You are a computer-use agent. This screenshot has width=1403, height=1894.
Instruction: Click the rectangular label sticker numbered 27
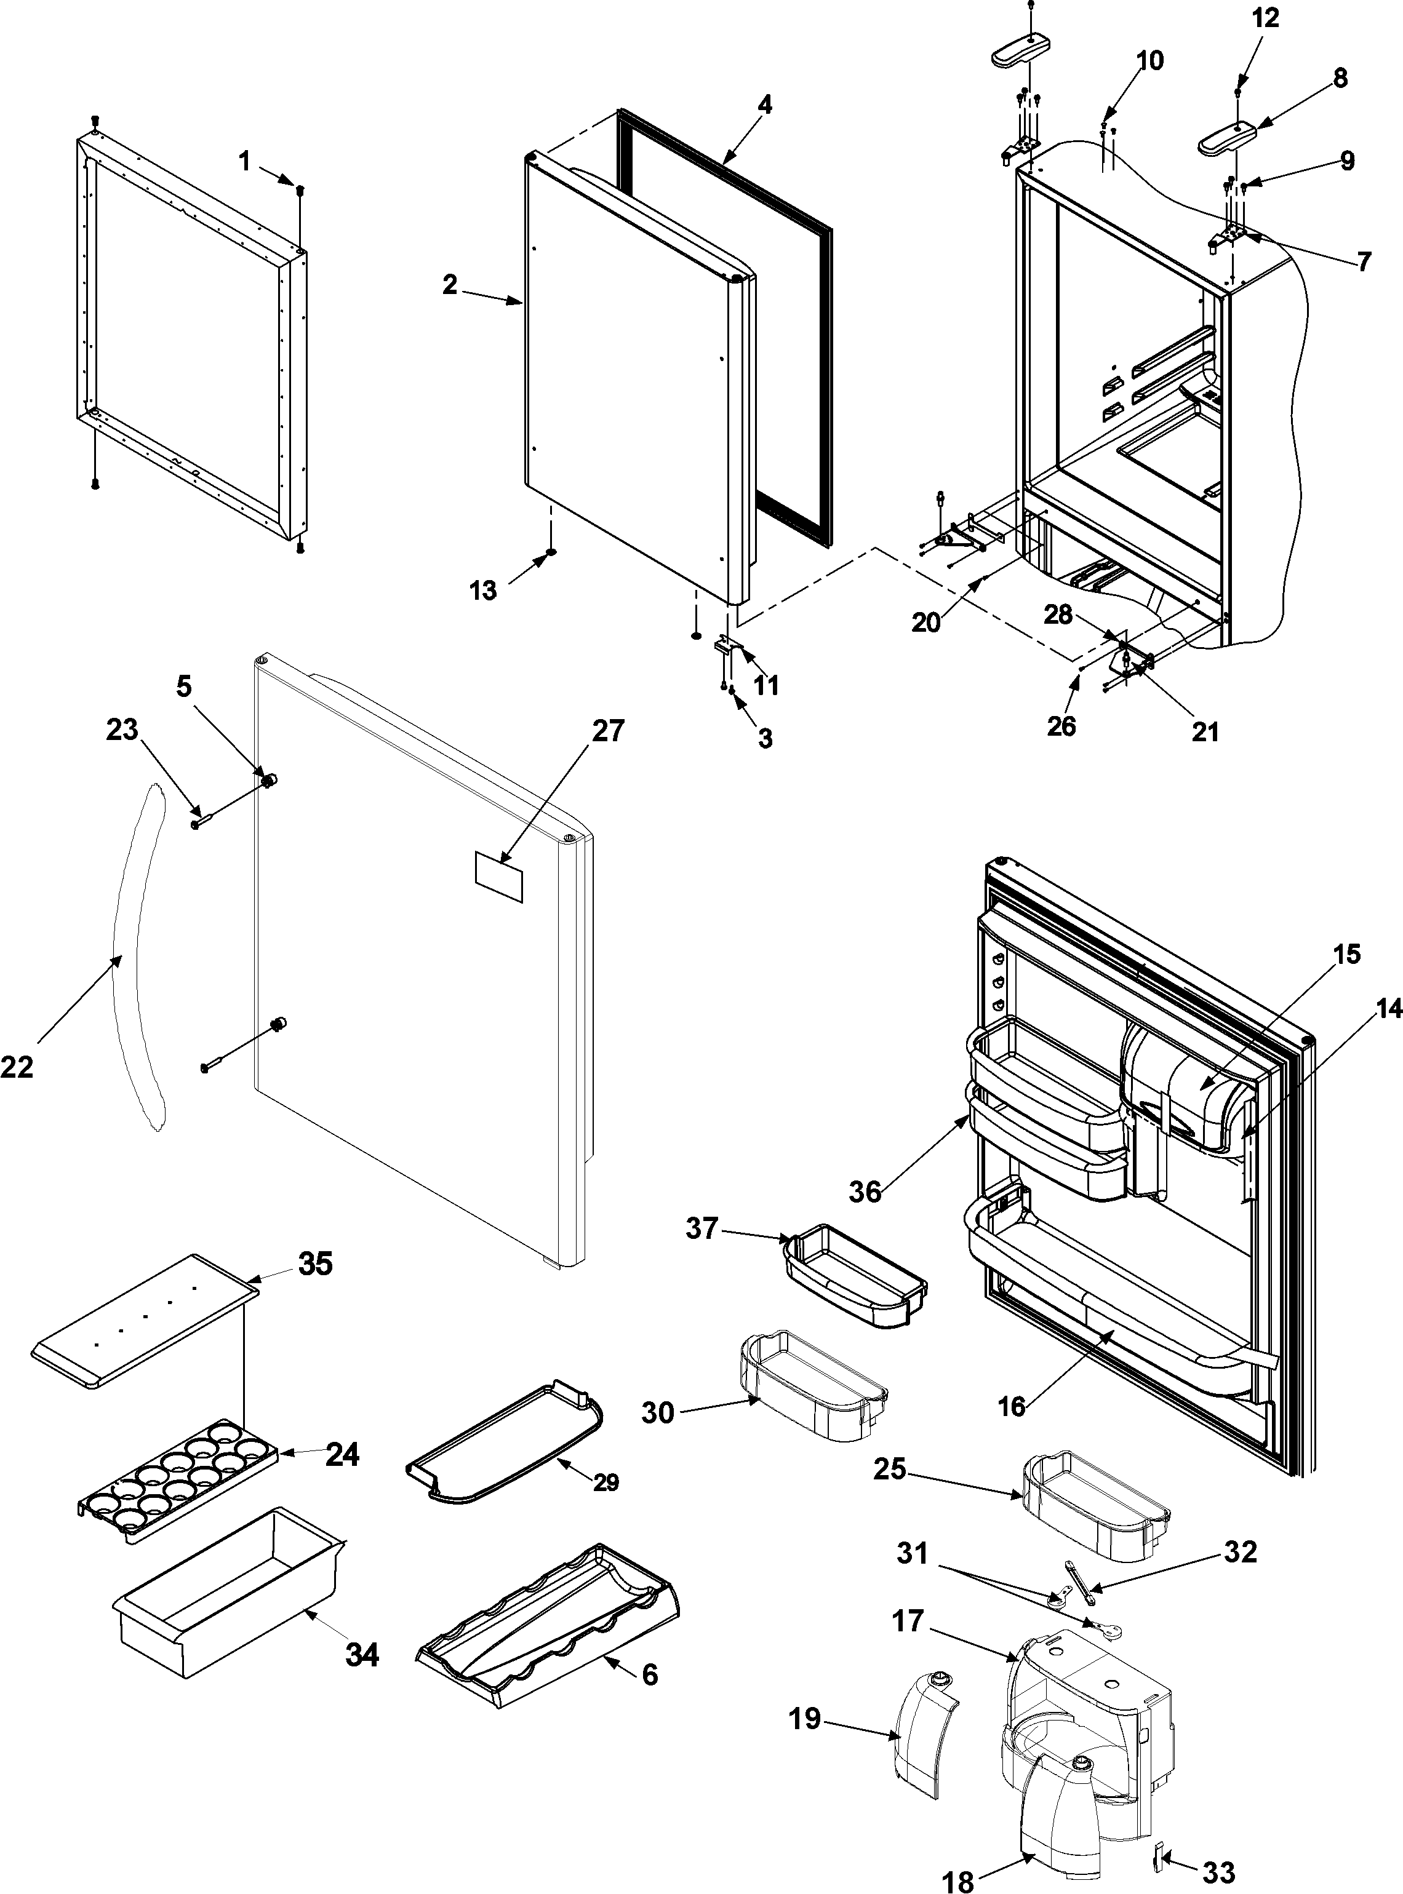point(498,876)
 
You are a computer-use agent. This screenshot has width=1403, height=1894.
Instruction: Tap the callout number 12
point(1265,18)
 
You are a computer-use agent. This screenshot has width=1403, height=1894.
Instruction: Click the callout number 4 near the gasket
point(764,105)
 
